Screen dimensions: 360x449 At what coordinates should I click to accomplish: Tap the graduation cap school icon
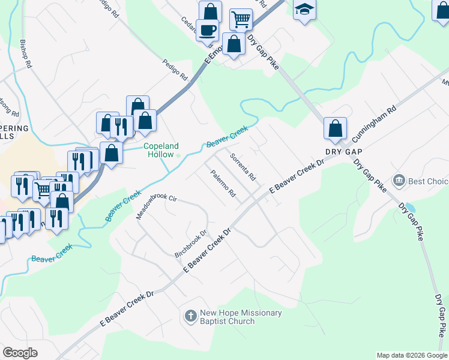(x=304, y=10)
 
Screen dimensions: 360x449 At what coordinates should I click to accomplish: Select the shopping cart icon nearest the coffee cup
(x=241, y=19)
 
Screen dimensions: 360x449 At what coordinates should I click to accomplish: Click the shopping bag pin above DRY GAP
(x=335, y=128)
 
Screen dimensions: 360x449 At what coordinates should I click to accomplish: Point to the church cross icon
(x=190, y=316)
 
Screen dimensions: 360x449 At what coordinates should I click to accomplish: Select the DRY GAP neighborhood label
(x=346, y=152)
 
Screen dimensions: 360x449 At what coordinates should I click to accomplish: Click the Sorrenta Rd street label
(x=244, y=167)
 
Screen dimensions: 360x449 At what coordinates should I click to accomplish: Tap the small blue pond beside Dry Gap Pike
(x=409, y=208)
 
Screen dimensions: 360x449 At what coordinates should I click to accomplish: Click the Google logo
(x=20, y=352)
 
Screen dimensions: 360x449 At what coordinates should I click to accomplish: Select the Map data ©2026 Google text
(x=411, y=355)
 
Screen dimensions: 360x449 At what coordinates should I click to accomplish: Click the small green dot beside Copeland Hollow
(x=178, y=155)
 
